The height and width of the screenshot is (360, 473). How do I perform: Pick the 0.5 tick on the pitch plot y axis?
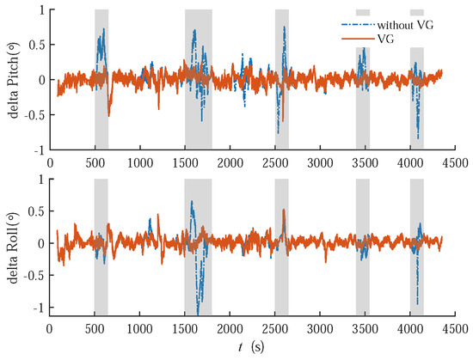coord(36,45)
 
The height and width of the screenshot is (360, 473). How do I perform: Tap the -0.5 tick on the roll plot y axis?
coord(33,275)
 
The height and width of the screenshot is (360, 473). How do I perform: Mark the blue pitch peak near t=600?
coord(103,31)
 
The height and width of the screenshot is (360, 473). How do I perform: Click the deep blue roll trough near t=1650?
coord(198,311)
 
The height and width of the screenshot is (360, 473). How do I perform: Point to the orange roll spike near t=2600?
coord(284,211)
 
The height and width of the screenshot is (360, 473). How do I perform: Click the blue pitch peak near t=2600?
coord(285,28)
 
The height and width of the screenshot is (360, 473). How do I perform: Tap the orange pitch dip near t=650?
coord(109,113)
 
